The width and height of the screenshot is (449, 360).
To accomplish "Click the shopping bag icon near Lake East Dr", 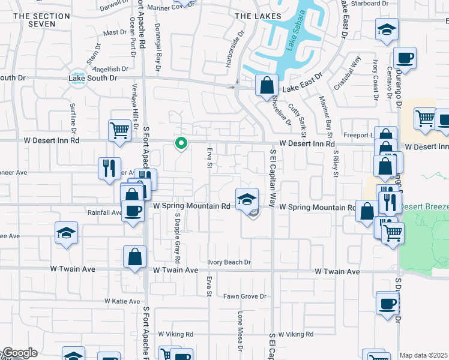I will coord(266,85).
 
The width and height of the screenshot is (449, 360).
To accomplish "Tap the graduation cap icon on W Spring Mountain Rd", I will coord(246,199).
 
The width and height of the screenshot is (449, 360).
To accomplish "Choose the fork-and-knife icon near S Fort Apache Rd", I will coord(110,167).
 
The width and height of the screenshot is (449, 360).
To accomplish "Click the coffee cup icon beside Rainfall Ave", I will coord(133,211).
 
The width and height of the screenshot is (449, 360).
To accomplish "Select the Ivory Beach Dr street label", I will coord(229,262).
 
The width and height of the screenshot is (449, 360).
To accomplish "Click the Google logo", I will coord(20,353).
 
